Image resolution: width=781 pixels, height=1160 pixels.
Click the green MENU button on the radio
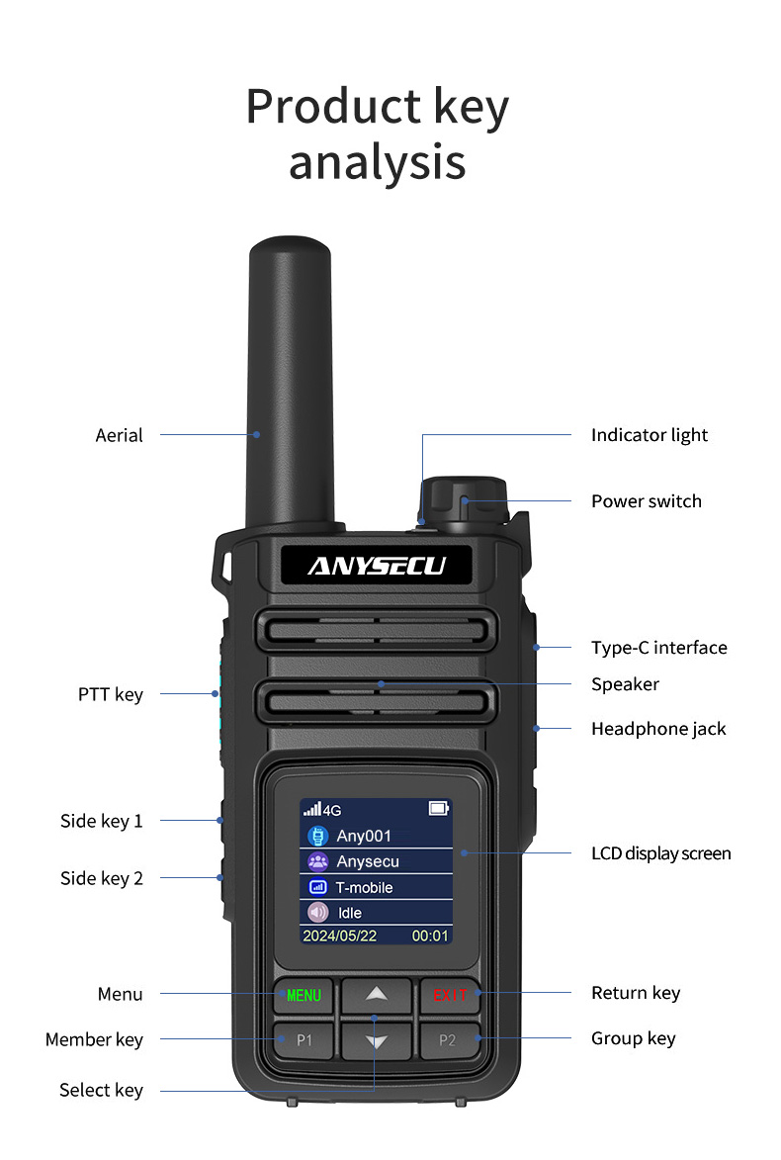click(x=304, y=995)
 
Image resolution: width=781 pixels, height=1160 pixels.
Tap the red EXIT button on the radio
click(x=449, y=995)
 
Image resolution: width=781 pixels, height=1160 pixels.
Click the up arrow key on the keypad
click(x=376, y=994)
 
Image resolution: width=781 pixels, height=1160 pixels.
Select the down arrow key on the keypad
click(x=376, y=1040)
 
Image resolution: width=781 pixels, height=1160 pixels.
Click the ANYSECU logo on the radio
click(x=376, y=566)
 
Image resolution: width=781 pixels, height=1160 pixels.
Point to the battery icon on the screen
click(x=438, y=809)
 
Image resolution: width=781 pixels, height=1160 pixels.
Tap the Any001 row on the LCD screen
click(x=376, y=836)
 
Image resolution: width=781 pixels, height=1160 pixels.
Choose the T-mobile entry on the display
click(x=376, y=887)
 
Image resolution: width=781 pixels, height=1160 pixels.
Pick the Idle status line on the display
click(x=376, y=913)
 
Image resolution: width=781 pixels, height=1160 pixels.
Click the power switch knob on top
click(x=464, y=499)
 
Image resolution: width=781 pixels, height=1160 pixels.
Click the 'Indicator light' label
click(x=650, y=435)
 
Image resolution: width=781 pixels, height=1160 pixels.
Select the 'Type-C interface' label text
click(x=658, y=648)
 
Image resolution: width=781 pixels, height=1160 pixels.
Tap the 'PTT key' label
click(x=111, y=694)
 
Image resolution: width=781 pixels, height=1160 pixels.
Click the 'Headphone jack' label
click(x=658, y=729)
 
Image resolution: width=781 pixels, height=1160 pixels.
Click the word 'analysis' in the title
click(x=377, y=161)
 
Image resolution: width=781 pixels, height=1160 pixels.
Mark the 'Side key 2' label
click(x=102, y=878)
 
